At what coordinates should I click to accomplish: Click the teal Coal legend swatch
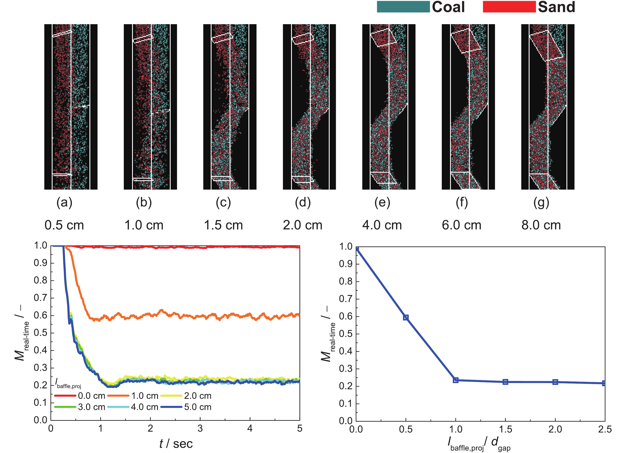click(x=403, y=7)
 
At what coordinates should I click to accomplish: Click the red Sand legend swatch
click(x=509, y=7)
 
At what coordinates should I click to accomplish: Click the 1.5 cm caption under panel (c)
click(x=223, y=225)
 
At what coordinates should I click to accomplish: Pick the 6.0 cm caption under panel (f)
click(x=461, y=225)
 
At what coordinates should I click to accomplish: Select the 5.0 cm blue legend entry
click(x=186, y=407)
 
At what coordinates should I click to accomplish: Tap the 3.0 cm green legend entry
click(x=80, y=407)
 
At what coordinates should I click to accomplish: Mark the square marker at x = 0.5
click(x=406, y=317)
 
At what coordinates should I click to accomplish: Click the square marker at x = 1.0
click(x=456, y=380)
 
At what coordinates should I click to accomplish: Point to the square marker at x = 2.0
click(x=555, y=382)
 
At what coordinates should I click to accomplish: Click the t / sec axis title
click(x=176, y=444)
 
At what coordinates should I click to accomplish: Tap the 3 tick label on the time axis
click(x=200, y=429)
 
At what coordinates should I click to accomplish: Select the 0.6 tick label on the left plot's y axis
click(x=40, y=315)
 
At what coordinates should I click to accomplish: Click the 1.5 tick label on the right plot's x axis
click(x=505, y=429)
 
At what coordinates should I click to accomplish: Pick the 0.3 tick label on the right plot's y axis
click(x=346, y=369)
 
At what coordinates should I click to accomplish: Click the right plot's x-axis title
click(x=479, y=444)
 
